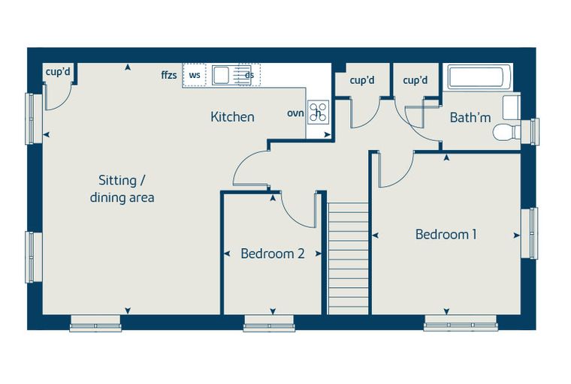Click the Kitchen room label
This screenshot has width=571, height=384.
tap(232, 117)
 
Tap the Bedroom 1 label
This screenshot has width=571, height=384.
tap(446, 235)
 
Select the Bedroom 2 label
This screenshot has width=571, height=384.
tap(273, 253)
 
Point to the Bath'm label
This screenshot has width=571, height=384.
tap(470, 118)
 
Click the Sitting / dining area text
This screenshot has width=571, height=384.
tap(122, 189)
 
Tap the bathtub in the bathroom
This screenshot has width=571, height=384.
tap(476, 76)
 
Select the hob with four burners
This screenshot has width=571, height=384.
tap(319, 112)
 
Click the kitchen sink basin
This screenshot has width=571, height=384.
tap(220, 75)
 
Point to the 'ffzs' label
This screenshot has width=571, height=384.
tap(169, 75)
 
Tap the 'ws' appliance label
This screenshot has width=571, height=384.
tap(195, 76)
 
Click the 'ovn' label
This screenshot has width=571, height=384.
tap(295, 113)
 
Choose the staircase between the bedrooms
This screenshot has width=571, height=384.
tap(348, 258)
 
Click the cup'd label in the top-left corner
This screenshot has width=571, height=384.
tap(58, 72)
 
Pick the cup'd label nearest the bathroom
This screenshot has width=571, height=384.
tap(415, 80)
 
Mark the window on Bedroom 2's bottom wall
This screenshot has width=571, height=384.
tap(269, 323)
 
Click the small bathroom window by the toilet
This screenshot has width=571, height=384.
tap(530, 132)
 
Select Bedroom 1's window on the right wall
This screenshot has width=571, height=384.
tap(530, 233)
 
